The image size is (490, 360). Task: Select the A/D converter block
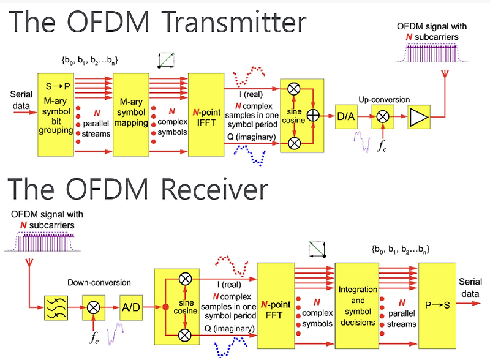click(130, 307)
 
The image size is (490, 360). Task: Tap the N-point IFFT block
click(206, 114)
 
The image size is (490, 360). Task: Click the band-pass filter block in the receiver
click(56, 307)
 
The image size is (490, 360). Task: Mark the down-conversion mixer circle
click(94, 307)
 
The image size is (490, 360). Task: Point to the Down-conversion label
click(99, 282)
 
